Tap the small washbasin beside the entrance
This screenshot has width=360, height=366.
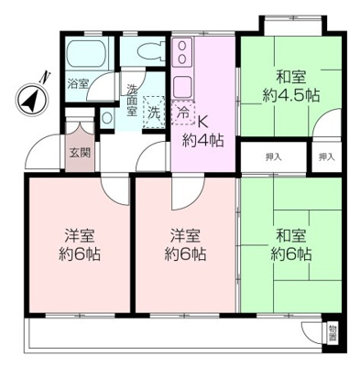(x=108, y=118)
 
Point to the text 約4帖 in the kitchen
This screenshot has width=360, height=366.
(x=202, y=140)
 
